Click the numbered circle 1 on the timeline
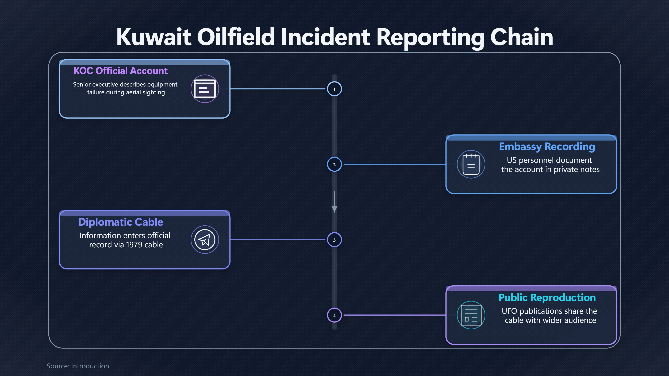[x=334, y=89]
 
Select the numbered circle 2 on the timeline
[x=334, y=164]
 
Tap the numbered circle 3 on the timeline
[x=334, y=240]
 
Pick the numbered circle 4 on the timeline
[x=334, y=315]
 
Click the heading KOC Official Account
[x=121, y=70]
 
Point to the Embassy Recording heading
[x=547, y=147]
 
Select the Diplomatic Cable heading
[x=121, y=222]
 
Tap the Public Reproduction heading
[x=547, y=297]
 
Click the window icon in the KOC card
[x=205, y=89]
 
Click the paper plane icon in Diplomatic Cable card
[x=205, y=240]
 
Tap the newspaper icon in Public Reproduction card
[x=471, y=315]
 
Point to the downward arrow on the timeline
[x=334, y=202]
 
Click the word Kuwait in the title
[x=154, y=37]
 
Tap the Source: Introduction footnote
[x=78, y=366]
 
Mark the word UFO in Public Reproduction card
[x=509, y=311]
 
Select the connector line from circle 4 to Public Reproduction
[x=395, y=315]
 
